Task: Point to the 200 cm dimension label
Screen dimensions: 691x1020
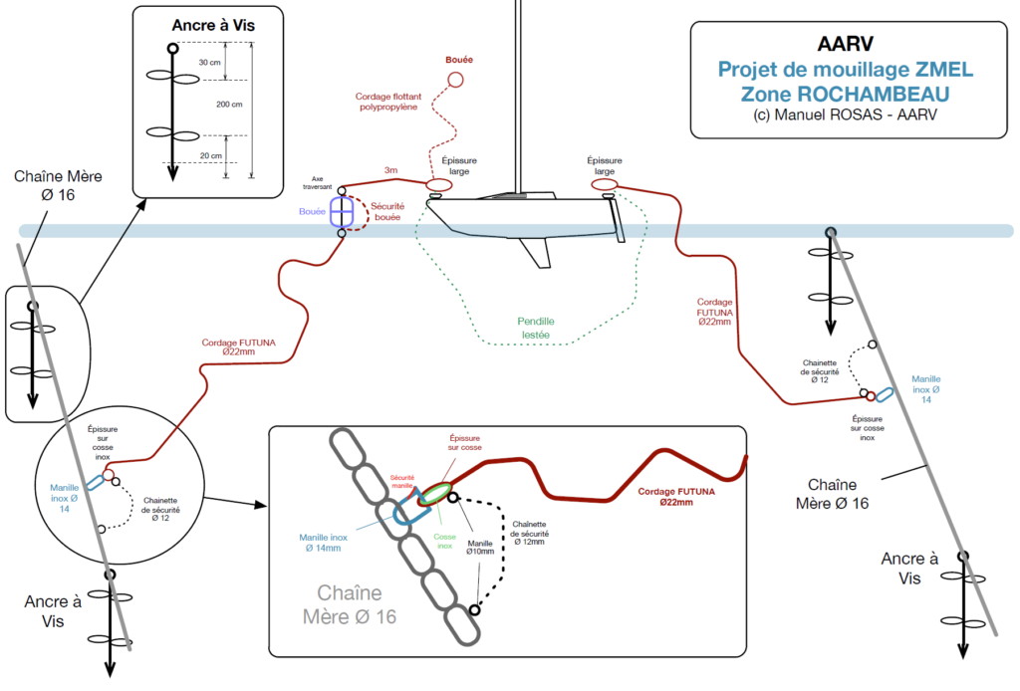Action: (230, 107)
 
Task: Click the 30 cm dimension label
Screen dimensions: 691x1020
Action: (210, 62)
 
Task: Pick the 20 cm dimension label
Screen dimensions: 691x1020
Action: (210, 156)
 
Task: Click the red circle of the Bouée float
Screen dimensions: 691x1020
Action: (455, 80)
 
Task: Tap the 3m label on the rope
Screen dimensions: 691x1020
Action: (391, 171)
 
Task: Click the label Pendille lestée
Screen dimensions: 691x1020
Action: (536, 329)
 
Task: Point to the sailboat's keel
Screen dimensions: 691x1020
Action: (538, 253)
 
